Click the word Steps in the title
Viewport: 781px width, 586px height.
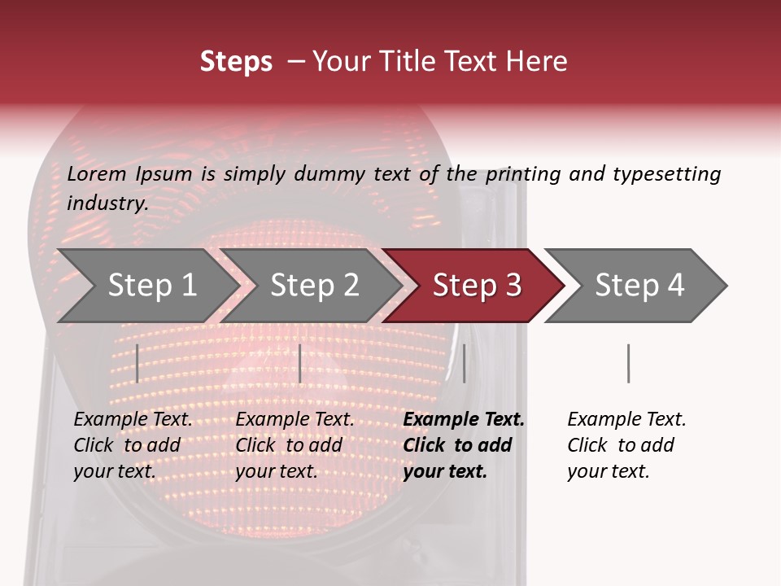click(236, 62)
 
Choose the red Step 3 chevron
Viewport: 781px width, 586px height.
click(477, 286)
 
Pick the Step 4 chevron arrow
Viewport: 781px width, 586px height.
click(639, 286)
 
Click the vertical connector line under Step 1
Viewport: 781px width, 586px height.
click(137, 363)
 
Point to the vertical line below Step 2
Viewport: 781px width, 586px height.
click(300, 363)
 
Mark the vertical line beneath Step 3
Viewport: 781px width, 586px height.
click(464, 363)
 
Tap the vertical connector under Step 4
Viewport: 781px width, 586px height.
click(628, 363)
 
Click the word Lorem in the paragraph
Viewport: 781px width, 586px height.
click(97, 174)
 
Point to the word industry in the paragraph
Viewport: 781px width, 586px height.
click(107, 203)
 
